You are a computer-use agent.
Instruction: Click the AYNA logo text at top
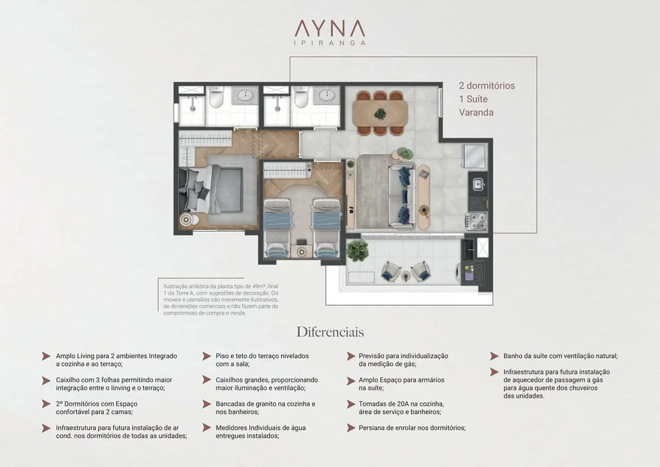click(x=329, y=28)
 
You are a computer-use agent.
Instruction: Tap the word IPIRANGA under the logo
click(x=329, y=42)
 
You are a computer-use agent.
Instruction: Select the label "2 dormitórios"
click(x=486, y=85)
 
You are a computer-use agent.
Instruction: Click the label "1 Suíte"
click(x=473, y=99)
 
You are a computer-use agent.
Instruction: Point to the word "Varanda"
click(x=476, y=112)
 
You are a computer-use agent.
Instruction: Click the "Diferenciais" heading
click(x=330, y=332)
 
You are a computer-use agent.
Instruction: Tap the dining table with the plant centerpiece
click(x=379, y=113)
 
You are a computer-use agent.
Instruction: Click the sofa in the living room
click(x=401, y=194)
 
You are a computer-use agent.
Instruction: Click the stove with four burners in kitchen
click(x=476, y=219)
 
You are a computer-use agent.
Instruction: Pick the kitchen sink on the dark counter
click(x=478, y=184)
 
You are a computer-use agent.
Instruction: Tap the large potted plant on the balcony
click(x=357, y=251)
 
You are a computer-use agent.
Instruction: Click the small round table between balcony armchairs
click(x=406, y=276)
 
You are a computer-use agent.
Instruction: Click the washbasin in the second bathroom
click(x=327, y=96)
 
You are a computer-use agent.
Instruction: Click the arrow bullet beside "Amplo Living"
click(x=46, y=356)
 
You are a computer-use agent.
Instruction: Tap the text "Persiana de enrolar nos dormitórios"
click(x=412, y=428)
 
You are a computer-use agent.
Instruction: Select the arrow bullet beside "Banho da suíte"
click(x=494, y=356)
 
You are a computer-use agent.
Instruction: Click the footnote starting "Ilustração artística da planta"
click(x=221, y=299)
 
